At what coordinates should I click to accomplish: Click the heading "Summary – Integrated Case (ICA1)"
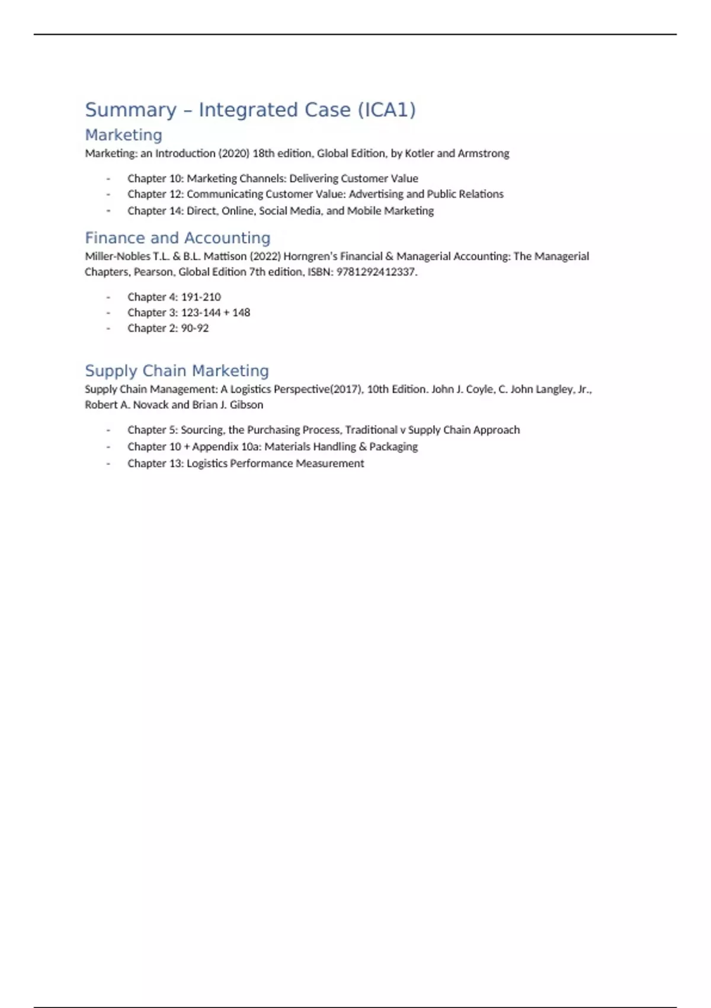point(250,110)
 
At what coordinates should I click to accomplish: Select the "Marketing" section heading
point(123,135)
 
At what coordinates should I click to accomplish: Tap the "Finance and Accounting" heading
point(177,238)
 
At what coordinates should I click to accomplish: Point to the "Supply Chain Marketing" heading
point(177,371)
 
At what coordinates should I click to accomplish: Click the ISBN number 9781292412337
point(376,272)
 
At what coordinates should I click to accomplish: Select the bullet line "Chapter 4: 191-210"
point(174,297)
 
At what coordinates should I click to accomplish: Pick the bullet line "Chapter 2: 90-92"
point(168,328)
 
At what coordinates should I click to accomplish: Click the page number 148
point(241,312)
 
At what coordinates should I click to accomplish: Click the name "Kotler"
point(419,154)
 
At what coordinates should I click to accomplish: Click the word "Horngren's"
point(310,257)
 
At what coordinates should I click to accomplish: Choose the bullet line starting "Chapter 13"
point(245,464)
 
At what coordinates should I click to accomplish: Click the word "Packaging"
point(393,446)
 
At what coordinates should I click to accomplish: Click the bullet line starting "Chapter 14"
point(280,211)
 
